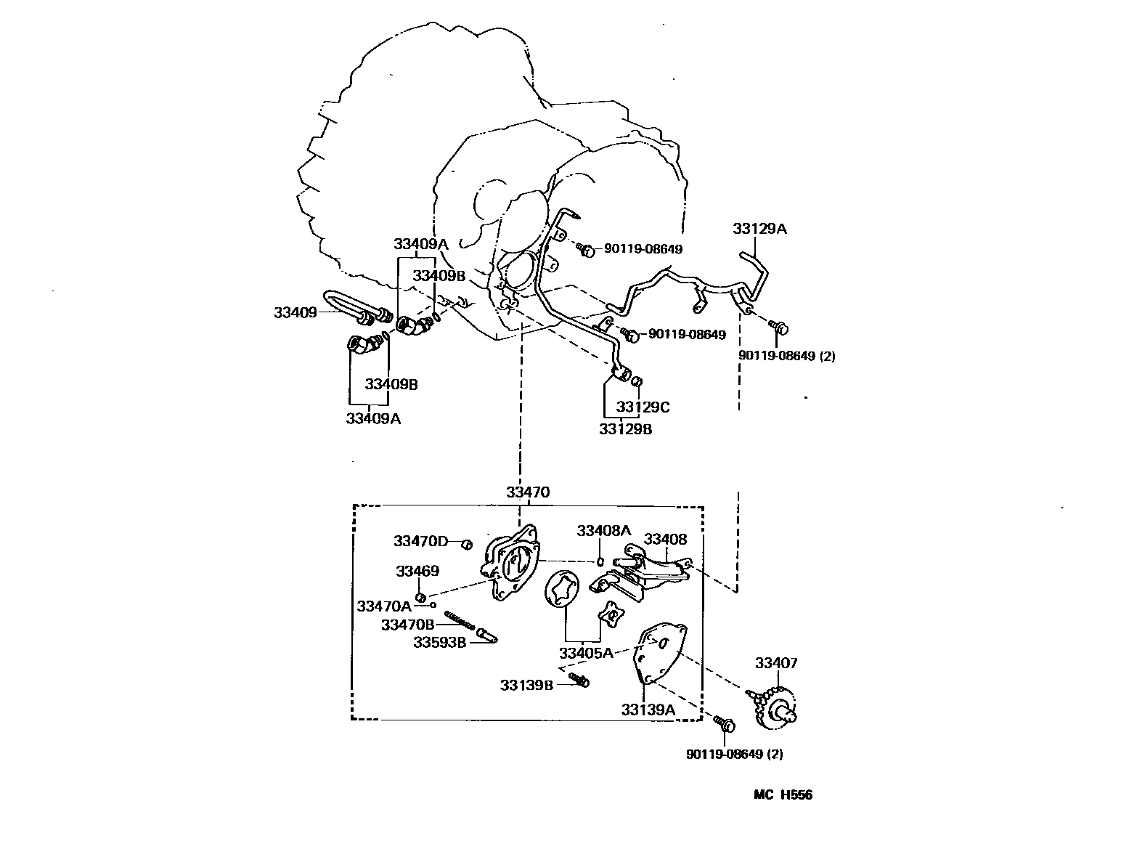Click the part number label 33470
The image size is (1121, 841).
(528, 492)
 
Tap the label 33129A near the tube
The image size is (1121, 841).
(759, 229)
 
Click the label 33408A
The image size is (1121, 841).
(604, 530)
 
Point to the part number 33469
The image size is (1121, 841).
(417, 571)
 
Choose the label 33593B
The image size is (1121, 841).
(440, 642)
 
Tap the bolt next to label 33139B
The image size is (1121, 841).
(579, 680)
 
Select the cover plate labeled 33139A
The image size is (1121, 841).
(659, 653)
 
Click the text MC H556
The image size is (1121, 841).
(783, 795)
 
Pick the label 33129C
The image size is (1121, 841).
(643, 407)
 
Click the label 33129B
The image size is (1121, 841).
(625, 429)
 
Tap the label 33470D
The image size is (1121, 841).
(421, 541)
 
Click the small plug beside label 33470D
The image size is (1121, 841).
(468, 543)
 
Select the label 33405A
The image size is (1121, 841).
(585, 652)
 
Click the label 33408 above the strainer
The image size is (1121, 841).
(665, 539)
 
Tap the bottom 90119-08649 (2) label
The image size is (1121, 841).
(734, 754)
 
